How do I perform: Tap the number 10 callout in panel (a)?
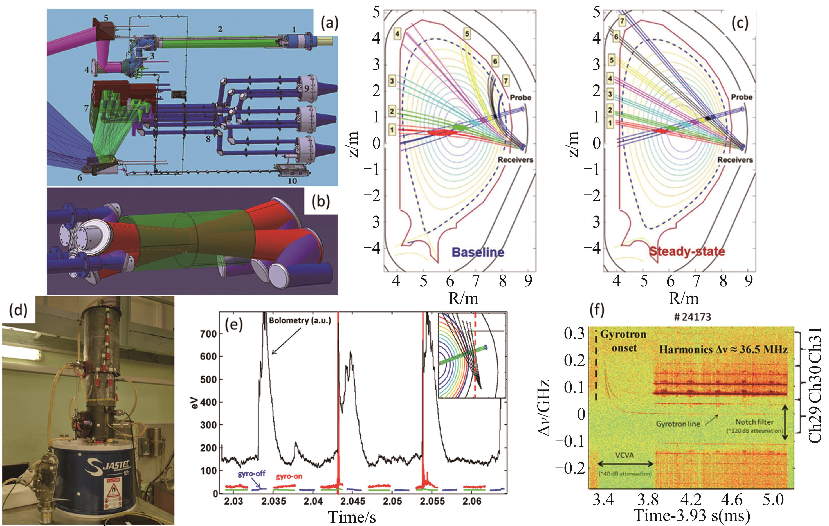(x=292, y=180)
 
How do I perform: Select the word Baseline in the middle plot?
(x=478, y=252)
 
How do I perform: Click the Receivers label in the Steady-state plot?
(x=735, y=160)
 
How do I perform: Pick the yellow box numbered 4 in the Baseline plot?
(x=398, y=34)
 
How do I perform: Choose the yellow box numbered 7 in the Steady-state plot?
(x=622, y=21)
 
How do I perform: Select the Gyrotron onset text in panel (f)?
(x=623, y=341)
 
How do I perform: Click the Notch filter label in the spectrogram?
(x=754, y=422)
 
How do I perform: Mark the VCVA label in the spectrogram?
(x=624, y=455)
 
